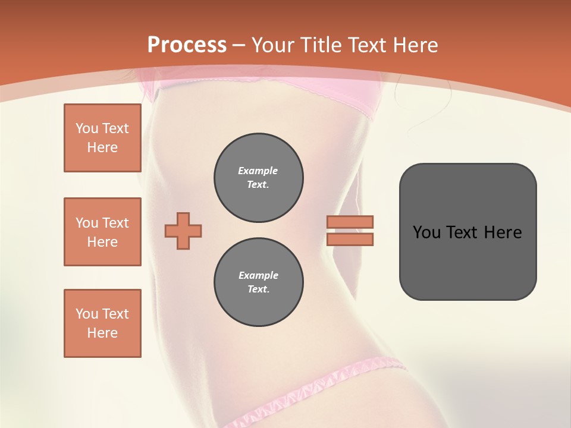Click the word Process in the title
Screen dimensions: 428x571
pyautogui.click(x=187, y=45)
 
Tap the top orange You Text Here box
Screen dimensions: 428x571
pyautogui.click(x=102, y=138)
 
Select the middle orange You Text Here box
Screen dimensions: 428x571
pyautogui.click(x=102, y=232)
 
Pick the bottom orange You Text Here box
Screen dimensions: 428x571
pyautogui.click(x=102, y=323)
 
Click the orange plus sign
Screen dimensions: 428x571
pyautogui.click(x=183, y=231)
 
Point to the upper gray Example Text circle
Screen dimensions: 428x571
pyautogui.click(x=259, y=178)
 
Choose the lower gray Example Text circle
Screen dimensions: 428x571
pyautogui.click(x=259, y=282)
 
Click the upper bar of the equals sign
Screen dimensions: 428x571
pyautogui.click(x=350, y=222)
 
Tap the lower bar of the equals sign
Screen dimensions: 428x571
pyautogui.click(x=350, y=239)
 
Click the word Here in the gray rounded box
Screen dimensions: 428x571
pyautogui.click(x=503, y=232)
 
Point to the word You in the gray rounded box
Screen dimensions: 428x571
pyautogui.click(x=426, y=232)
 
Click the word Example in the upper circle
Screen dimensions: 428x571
pyautogui.click(x=258, y=171)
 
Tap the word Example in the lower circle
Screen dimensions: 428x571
pyautogui.click(x=258, y=275)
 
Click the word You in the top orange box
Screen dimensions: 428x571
pyautogui.click(x=87, y=128)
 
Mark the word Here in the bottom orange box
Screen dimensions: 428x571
pyautogui.click(x=102, y=333)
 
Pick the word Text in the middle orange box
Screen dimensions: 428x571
pyautogui.click(x=115, y=223)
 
